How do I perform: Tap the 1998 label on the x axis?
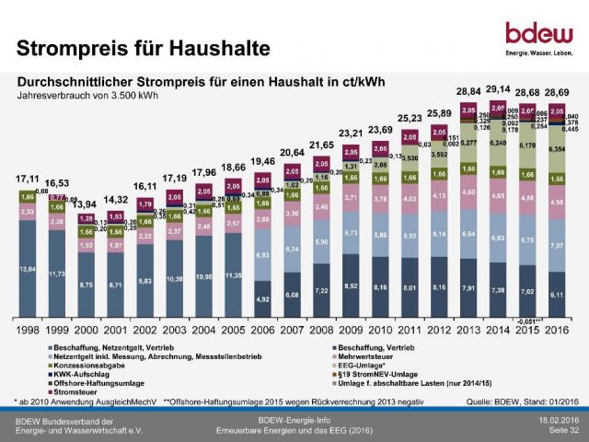coord(29,329)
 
